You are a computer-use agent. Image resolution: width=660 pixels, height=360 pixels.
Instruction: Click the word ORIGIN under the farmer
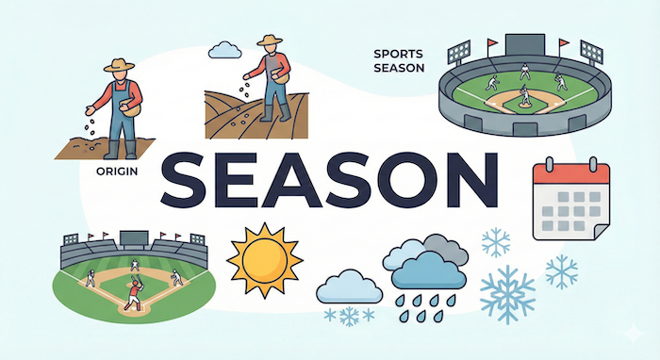[118, 172]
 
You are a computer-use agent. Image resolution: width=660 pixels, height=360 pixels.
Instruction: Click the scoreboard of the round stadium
[519, 44]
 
